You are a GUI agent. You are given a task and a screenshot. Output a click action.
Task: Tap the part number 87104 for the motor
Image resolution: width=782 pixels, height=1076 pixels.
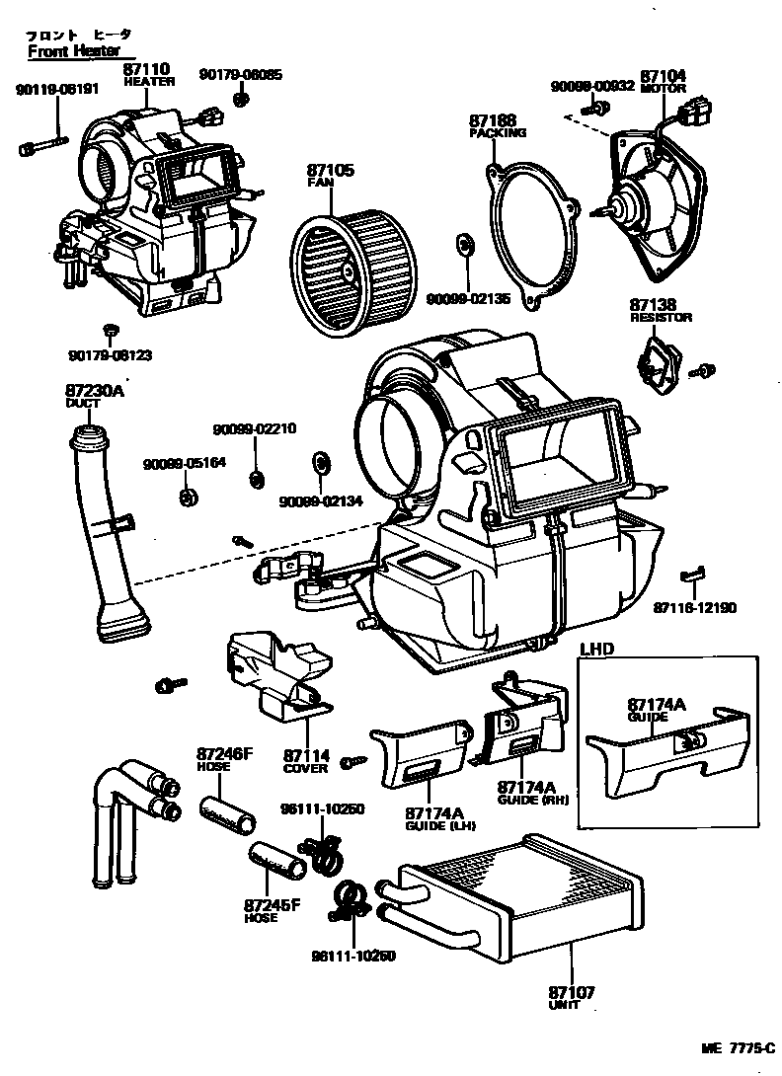[663, 76]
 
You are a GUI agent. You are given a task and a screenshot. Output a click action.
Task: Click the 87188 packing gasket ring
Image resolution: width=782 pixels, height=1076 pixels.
[533, 231]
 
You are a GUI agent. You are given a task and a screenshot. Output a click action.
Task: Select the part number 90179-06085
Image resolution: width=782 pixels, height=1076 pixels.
[240, 74]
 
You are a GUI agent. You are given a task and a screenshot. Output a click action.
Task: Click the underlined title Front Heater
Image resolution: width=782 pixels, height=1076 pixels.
[73, 51]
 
